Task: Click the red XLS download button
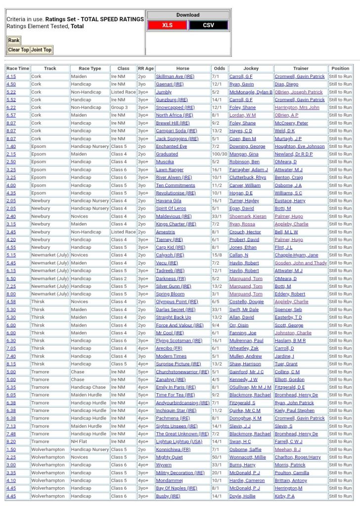(x=167, y=25)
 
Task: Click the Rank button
(x=13, y=41)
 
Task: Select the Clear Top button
(x=18, y=50)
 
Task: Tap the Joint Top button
(x=41, y=50)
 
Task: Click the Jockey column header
(x=251, y=69)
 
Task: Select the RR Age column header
(x=146, y=69)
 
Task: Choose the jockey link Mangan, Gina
(x=244, y=154)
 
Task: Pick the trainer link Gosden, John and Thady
(x=301, y=263)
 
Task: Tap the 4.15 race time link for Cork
(x=11, y=77)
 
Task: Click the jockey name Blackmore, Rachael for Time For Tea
(x=250, y=395)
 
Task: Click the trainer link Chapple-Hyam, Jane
(x=297, y=255)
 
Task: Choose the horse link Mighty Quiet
(x=169, y=458)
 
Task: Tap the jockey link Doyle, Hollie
(x=241, y=496)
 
